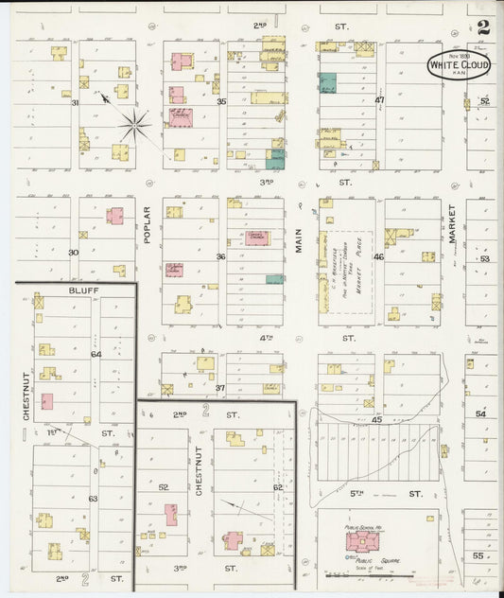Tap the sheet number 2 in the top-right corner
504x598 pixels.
click(x=483, y=27)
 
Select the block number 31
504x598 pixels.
click(x=75, y=101)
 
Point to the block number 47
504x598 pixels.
click(x=379, y=99)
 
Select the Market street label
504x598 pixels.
click(x=453, y=223)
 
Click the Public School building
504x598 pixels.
click(x=362, y=541)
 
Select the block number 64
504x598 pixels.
click(x=95, y=354)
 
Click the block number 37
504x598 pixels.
click(x=220, y=388)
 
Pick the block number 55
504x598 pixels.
click(x=478, y=555)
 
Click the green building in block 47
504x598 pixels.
click(x=328, y=83)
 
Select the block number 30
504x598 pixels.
click(x=73, y=253)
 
